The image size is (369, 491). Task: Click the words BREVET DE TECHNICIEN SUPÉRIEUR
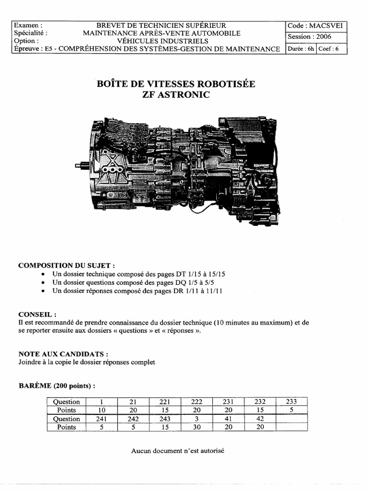tap(161, 25)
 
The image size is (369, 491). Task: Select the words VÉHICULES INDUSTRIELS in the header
tap(161, 41)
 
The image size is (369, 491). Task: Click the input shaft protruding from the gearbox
tap(81, 165)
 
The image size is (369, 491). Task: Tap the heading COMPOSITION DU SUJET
tap(66, 266)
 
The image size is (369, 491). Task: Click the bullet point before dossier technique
tap(44, 274)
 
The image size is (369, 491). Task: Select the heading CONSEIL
tap(37, 315)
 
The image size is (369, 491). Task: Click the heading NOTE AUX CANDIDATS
tap(62, 354)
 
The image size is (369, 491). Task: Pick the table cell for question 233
tap(291, 402)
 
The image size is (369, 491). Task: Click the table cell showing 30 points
tap(197, 427)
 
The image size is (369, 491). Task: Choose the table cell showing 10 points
tap(102, 410)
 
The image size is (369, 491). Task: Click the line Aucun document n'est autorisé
tap(177, 451)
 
